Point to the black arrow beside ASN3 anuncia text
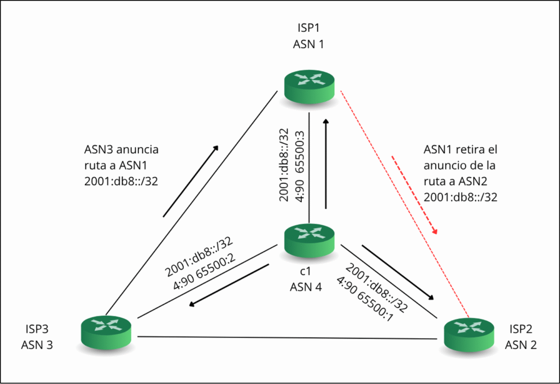[x=191, y=181]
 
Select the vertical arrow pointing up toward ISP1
[x=325, y=164]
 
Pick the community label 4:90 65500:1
[x=366, y=300]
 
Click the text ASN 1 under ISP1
[x=308, y=45]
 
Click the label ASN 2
[x=520, y=345]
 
